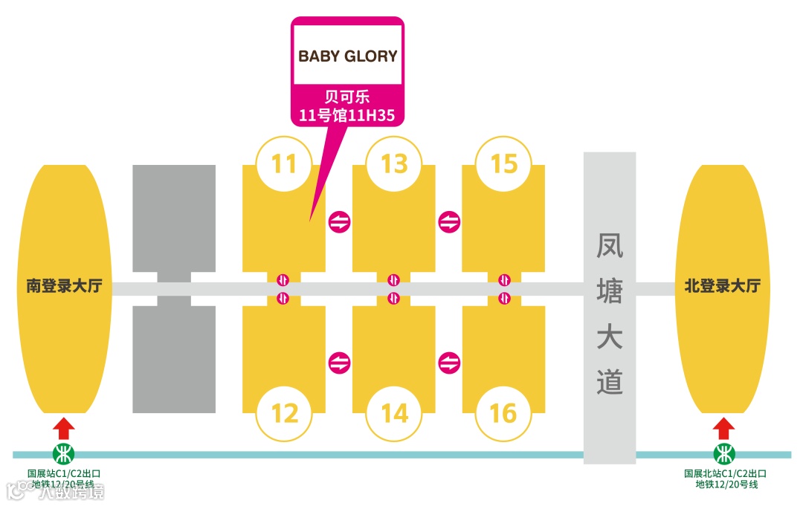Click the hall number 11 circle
click(x=285, y=163)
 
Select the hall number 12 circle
click(x=285, y=412)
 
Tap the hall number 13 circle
click(x=394, y=163)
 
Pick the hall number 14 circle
click(x=394, y=412)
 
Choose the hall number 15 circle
click(x=504, y=163)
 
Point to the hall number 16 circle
click(x=504, y=412)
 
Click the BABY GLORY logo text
click(x=348, y=56)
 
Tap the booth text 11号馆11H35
click(x=346, y=114)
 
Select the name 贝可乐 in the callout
click(x=347, y=97)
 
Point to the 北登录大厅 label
click(x=722, y=286)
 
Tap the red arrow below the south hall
click(x=65, y=428)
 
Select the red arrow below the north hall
click(x=723, y=428)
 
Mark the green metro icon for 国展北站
click(x=724, y=454)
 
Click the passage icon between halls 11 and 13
click(x=340, y=221)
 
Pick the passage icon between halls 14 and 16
click(x=450, y=363)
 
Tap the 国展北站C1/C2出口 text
click(x=725, y=473)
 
